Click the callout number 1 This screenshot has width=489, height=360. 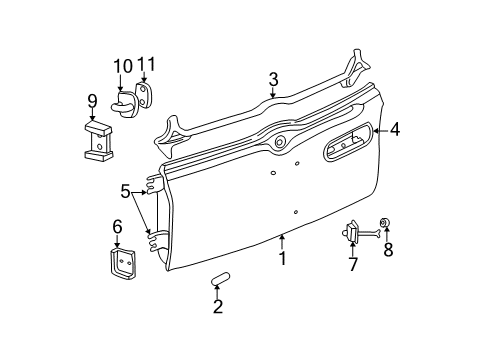[x=283, y=258]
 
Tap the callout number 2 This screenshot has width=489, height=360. [x=217, y=307]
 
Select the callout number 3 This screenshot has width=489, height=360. [x=272, y=78]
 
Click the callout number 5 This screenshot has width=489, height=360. [x=125, y=189]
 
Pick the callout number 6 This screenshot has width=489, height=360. [x=116, y=226]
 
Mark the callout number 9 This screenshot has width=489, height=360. [x=92, y=100]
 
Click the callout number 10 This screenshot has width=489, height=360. [x=123, y=66]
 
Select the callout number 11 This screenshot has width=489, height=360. [x=148, y=66]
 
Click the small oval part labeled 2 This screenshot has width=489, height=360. [x=221, y=276]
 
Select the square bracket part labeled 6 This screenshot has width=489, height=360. [x=121, y=263]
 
